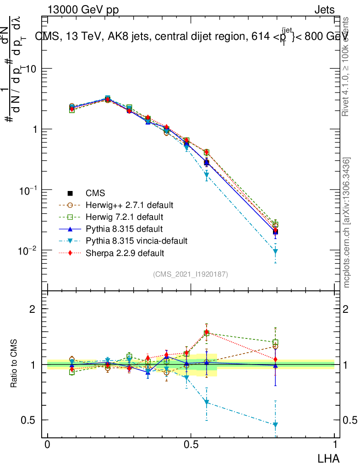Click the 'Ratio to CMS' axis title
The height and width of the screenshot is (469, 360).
15,365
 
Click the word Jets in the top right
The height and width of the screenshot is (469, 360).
324,10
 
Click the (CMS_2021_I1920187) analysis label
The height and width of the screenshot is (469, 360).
191,274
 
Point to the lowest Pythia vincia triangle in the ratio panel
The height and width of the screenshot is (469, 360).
275,425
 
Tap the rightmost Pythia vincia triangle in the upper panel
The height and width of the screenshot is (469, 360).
275,251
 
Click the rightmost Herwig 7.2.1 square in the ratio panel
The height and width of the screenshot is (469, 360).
275,343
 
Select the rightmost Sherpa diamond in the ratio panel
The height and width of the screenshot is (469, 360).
275,360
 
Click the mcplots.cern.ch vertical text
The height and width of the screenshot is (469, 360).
347,223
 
